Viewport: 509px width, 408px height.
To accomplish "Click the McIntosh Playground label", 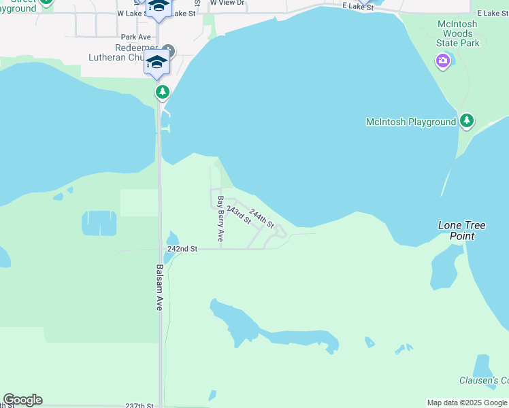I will click(410, 122).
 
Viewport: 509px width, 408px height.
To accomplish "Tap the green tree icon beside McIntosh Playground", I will click(466, 122).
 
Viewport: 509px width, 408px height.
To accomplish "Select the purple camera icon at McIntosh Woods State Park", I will click(443, 62).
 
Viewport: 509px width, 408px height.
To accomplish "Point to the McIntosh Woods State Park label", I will click(457, 33).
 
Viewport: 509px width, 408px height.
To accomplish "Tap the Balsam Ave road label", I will click(160, 288).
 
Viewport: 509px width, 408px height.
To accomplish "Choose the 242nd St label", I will click(182, 250).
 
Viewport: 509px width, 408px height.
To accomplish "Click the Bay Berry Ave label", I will click(220, 219).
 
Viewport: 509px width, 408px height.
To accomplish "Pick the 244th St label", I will click(261, 218).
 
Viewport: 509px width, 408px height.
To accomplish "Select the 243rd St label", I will click(238, 215).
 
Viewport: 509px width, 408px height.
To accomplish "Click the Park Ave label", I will click(135, 37).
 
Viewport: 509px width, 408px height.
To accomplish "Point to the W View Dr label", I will click(227, 3).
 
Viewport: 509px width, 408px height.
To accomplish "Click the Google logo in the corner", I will click(22, 400).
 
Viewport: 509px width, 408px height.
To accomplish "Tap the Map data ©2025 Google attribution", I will click(467, 403).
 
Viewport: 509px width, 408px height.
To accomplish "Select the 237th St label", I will click(139, 405).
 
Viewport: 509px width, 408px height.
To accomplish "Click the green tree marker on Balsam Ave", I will click(162, 92).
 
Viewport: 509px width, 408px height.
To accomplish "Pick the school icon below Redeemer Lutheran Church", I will click(157, 62).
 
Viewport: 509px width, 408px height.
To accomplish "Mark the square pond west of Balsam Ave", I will click(99, 223).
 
